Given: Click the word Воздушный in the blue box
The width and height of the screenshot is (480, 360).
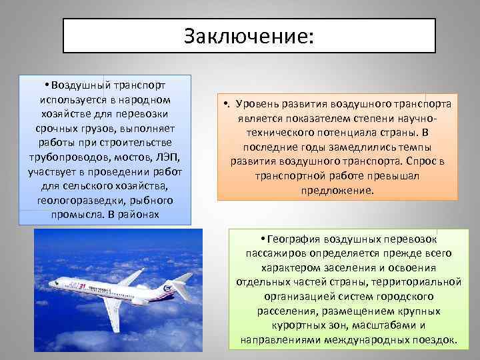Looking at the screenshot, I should [77, 86].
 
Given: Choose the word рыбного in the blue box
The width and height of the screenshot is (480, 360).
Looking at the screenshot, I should [151, 200].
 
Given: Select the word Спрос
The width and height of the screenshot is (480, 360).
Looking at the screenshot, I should [417, 161].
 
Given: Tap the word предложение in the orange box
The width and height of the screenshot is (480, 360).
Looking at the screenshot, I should [337, 190].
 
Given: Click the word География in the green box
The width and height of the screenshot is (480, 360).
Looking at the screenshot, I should [300, 239].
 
